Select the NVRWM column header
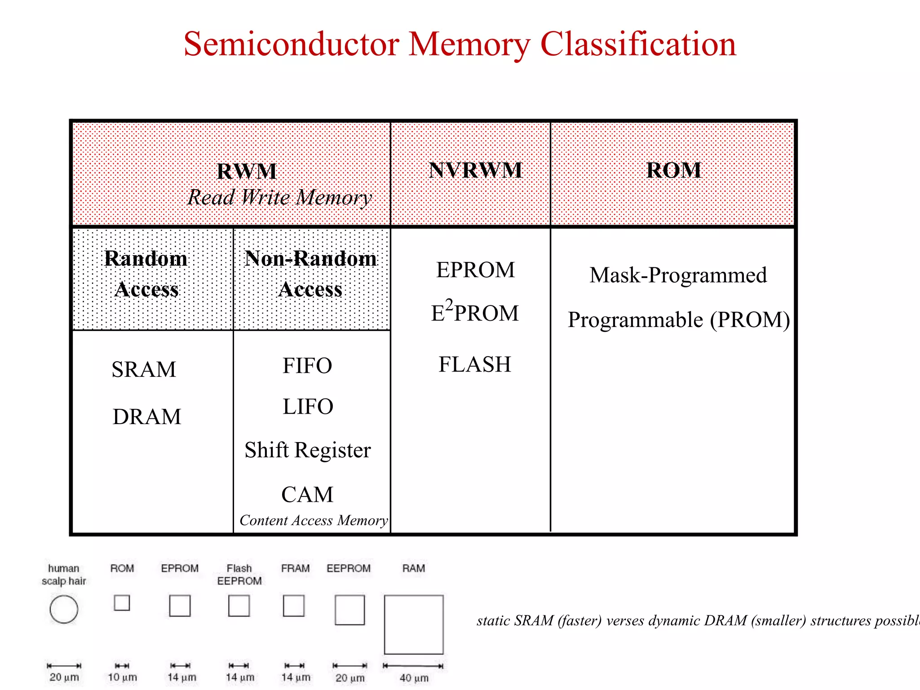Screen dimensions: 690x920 pos(475,170)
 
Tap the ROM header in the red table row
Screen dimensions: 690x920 pos(673,170)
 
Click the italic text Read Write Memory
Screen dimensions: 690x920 pos(279,198)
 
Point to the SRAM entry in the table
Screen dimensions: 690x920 pos(144,370)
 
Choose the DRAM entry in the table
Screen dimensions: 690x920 pos(147,417)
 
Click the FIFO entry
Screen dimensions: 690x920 pos(307,366)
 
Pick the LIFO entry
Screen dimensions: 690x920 pos(308,407)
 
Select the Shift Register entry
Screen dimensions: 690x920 pos(308,450)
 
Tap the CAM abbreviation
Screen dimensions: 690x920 pos(308,495)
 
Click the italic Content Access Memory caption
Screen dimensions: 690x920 pos(314,520)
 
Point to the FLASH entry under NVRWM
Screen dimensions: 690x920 pos(475,364)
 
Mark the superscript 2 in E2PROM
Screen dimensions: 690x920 pos(449,305)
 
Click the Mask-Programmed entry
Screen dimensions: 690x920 pos(678,275)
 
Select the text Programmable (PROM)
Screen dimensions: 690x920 pos(679,320)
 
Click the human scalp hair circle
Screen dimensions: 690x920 pos(64,609)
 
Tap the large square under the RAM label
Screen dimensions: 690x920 pos(414,624)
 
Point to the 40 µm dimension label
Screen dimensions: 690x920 pos(414,678)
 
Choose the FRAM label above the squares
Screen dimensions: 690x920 pos(295,568)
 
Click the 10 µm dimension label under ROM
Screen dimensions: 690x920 pos(122,677)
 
